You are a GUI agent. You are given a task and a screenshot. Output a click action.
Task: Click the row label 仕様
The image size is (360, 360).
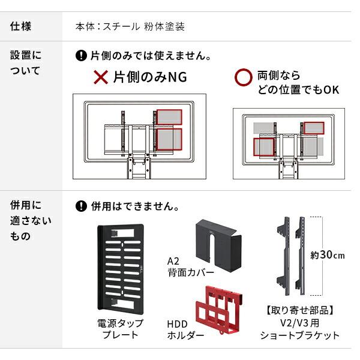tap(21, 27)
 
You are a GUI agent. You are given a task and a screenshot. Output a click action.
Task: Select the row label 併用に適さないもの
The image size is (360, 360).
tap(31, 220)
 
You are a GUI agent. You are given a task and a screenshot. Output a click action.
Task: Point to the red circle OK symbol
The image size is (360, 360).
tap(242, 77)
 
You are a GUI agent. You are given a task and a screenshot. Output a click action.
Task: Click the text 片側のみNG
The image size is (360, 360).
tap(145, 77)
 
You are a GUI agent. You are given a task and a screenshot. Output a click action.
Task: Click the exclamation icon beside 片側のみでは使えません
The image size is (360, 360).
tap(82, 57)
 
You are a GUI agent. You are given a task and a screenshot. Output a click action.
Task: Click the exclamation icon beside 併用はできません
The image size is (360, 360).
tap(82, 206)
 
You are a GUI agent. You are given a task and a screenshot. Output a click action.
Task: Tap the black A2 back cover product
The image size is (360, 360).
tap(217, 238)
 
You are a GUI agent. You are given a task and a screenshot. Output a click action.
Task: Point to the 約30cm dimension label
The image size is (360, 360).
tap(328, 255)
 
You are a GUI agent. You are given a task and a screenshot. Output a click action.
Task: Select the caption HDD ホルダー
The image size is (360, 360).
tap(182, 329)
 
